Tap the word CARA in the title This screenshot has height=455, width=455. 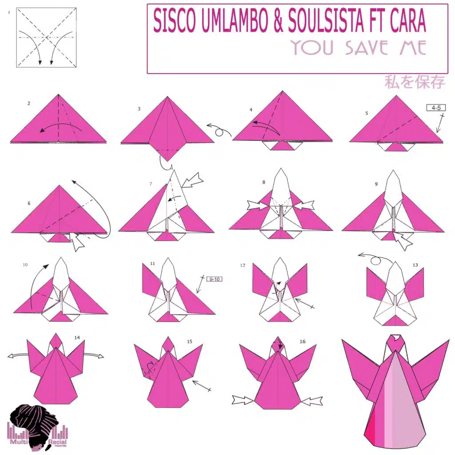(408, 20)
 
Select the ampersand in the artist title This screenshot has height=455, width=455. (278, 20)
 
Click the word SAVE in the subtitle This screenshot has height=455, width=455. (366, 48)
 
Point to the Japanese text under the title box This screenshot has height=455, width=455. (415, 82)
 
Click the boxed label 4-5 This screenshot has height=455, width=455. (436, 108)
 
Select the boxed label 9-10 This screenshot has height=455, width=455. (215, 279)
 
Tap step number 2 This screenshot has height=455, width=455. (29, 103)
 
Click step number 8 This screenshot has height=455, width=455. (263, 182)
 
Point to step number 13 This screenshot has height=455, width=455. (415, 265)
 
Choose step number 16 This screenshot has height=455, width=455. (302, 342)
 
